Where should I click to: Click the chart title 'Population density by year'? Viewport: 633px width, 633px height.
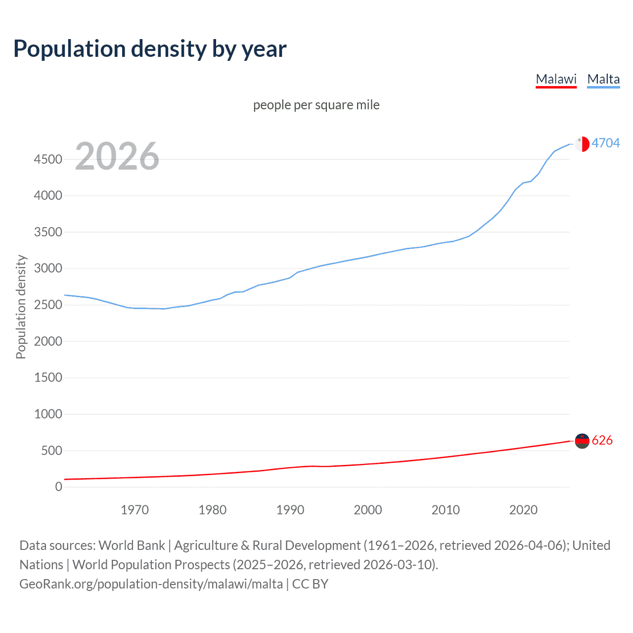[x=150, y=49]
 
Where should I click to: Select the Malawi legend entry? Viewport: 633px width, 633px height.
[x=556, y=79]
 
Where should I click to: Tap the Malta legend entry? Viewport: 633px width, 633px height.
[x=603, y=79]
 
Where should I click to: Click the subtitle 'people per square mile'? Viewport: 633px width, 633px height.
[x=316, y=105]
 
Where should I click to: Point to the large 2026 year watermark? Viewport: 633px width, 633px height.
[x=117, y=156]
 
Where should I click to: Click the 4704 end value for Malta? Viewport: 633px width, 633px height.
[x=605, y=143]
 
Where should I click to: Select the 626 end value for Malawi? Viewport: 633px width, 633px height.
[x=602, y=440]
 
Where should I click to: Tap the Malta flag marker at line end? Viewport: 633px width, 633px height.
[x=582, y=143]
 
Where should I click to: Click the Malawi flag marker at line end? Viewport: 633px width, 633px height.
[x=582, y=440]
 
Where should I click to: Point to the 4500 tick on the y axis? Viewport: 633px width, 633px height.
[x=48, y=159]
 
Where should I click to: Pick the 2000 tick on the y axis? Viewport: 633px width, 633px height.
[x=48, y=341]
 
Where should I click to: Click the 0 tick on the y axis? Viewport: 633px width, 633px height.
[x=59, y=487]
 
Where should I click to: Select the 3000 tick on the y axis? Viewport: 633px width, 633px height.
[x=48, y=269]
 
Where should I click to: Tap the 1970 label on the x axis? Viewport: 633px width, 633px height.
[x=135, y=510]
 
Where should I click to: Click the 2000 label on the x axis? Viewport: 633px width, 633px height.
[x=367, y=510]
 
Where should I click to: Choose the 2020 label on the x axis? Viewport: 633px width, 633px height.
[x=523, y=510]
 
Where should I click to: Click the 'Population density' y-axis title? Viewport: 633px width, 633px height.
[x=21, y=307]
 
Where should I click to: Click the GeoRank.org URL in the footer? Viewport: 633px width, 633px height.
[x=151, y=584]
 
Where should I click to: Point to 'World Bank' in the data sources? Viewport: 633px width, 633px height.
[x=132, y=545]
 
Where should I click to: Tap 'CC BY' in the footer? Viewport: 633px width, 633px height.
[x=310, y=584]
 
